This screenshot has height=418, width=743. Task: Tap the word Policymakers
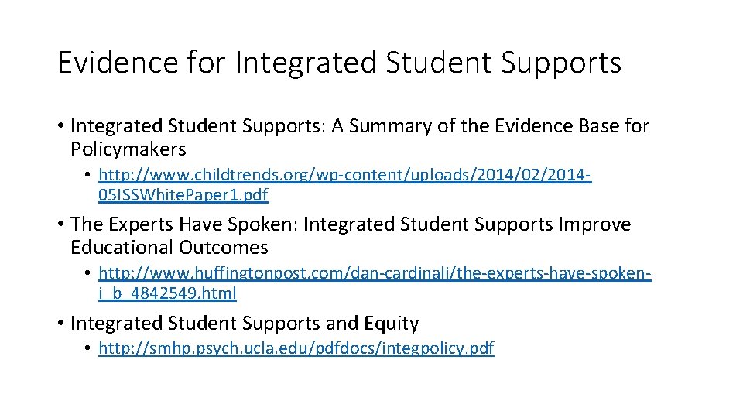(128, 149)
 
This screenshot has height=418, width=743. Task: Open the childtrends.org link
(345, 175)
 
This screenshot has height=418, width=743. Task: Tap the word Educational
(122, 248)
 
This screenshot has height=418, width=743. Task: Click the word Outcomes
(224, 248)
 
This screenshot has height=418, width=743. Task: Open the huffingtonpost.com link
(375, 274)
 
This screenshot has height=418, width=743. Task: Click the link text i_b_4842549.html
(168, 293)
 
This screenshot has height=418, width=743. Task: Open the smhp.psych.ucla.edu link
(296, 348)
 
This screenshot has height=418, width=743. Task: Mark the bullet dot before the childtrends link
(90, 176)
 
